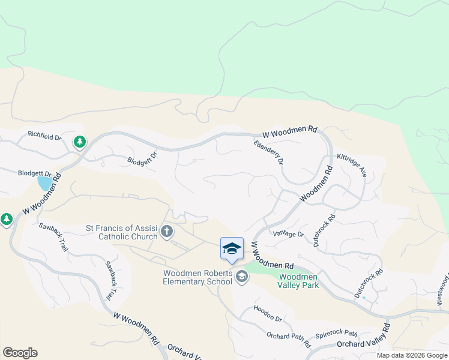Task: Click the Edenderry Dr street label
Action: point(268,152)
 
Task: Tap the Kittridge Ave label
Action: point(352,163)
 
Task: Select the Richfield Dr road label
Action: point(45,137)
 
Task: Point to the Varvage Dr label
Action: point(289,234)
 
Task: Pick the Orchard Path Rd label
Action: point(289,340)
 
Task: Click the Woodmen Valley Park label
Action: point(298,280)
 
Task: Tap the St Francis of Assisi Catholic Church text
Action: point(122,232)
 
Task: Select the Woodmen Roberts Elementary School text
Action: point(197,278)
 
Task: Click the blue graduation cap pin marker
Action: point(232,248)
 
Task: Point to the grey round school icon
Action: point(242,276)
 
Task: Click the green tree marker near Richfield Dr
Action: point(79,142)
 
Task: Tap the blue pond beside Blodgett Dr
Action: point(44,182)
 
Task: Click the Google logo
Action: point(20,353)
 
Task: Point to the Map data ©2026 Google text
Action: point(411,355)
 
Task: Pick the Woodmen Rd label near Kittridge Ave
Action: point(316,184)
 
